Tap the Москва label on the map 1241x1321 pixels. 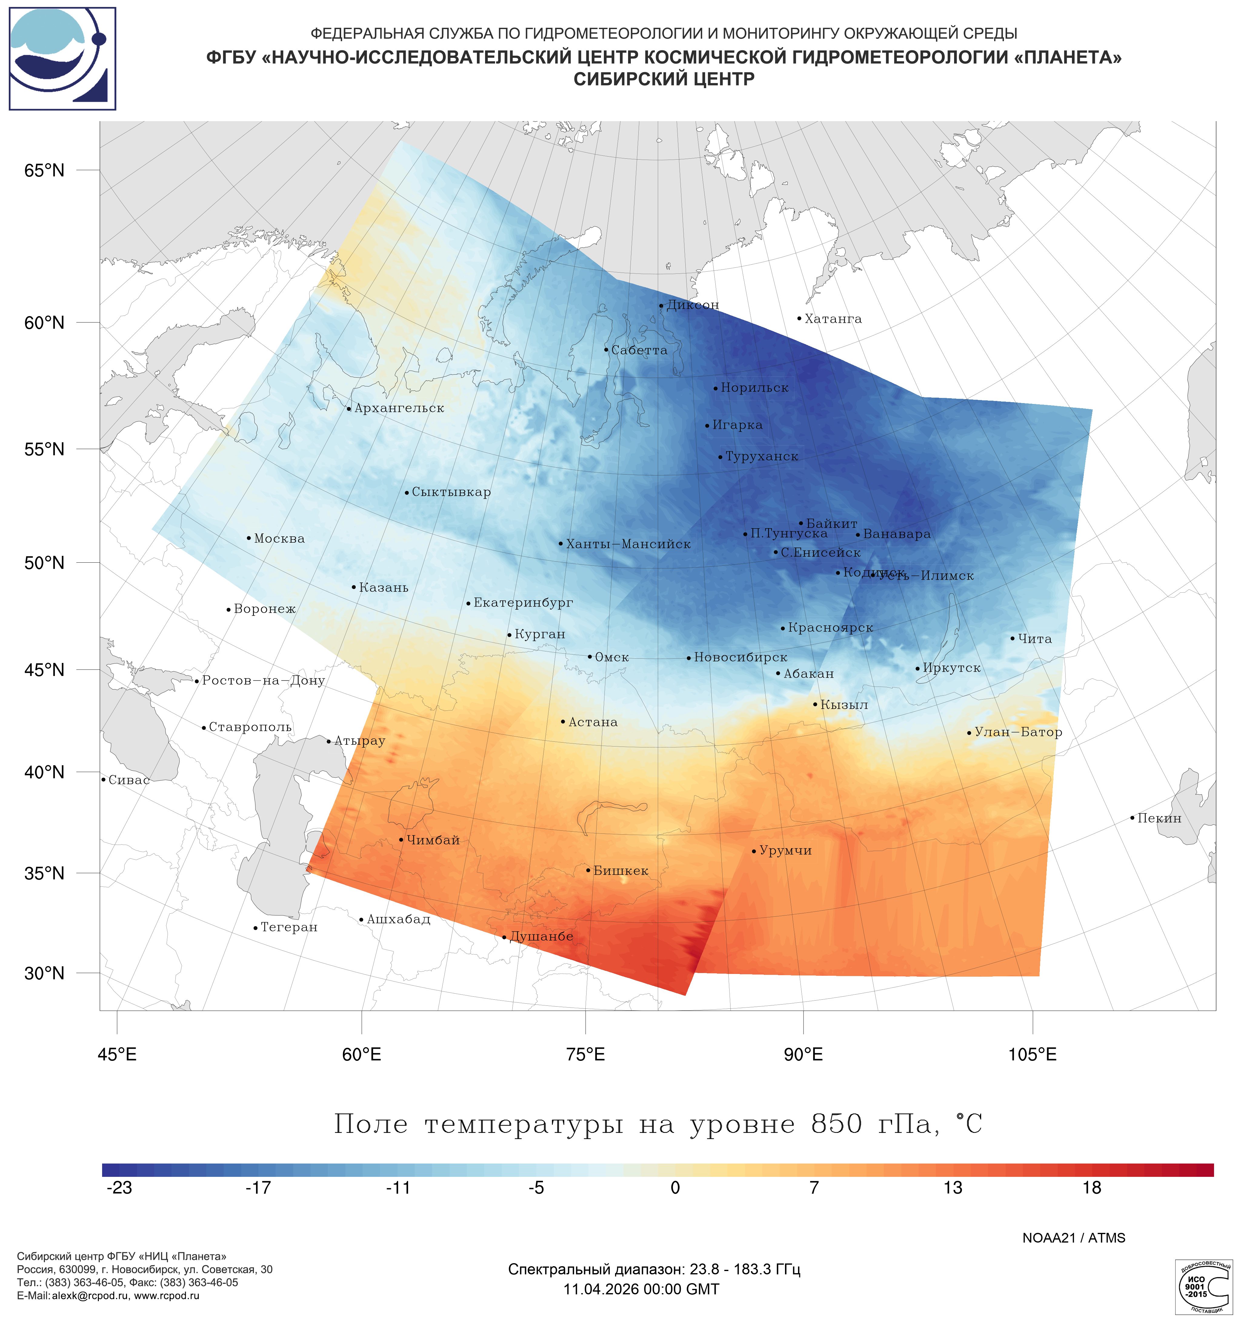pos(279,538)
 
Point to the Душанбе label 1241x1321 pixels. pos(541,936)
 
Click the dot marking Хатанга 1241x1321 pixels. pos(799,318)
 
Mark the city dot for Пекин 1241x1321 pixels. pos(1132,818)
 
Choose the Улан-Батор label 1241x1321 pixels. pos(1018,732)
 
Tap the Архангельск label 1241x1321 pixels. pos(399,408)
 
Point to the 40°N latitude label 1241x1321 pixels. pos(45,772)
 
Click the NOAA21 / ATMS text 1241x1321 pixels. pos(1073,1238)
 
